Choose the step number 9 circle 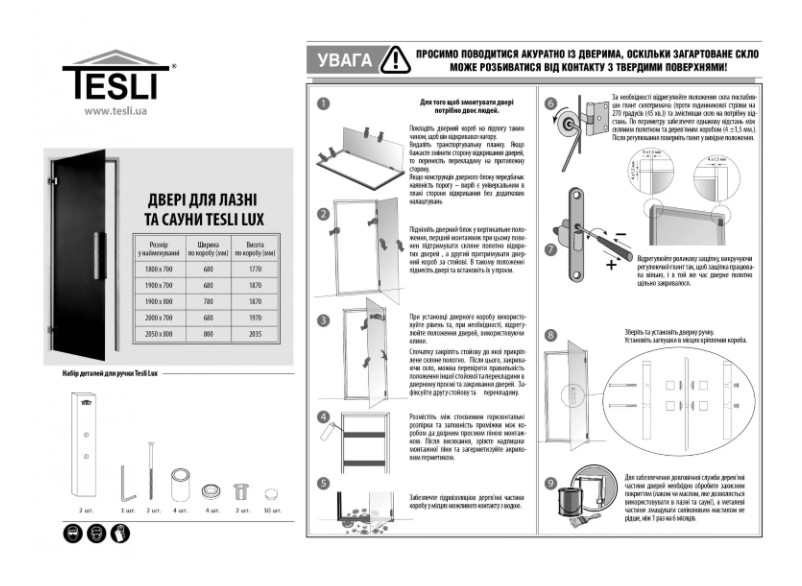pos(551,483)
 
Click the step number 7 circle pos(551,249)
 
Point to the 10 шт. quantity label pos(274,511)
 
